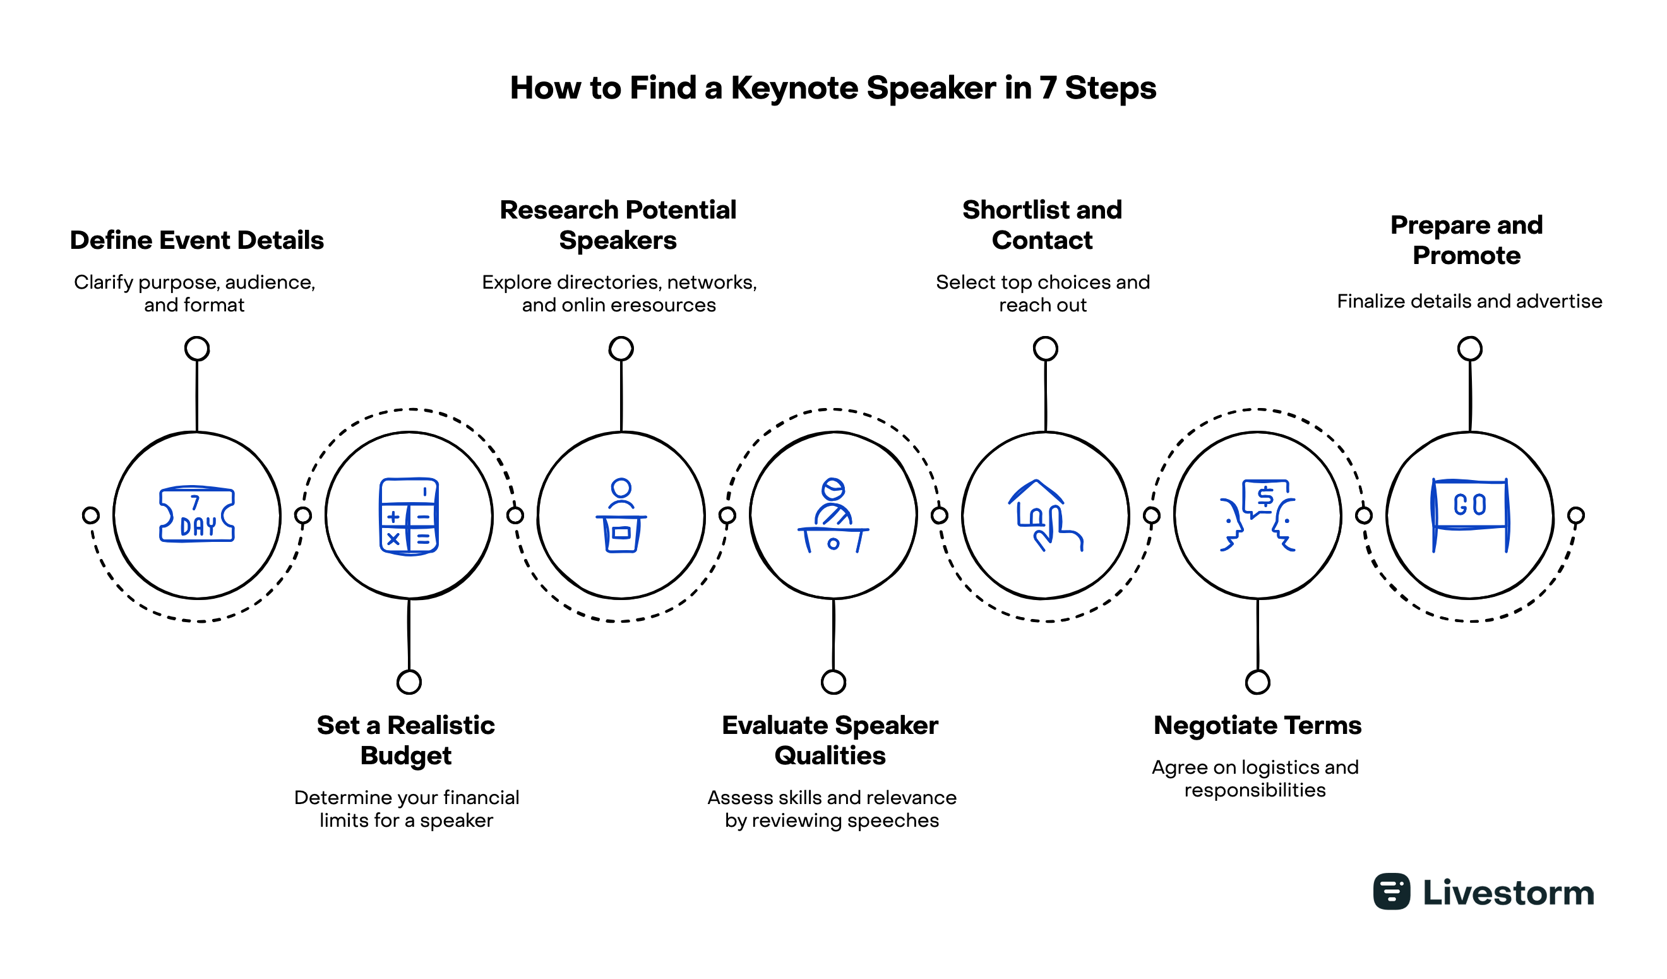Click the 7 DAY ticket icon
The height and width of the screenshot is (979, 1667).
click(196, 515)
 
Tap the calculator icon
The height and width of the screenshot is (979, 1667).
click(409, 516)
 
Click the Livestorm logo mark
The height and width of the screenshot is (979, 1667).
click(1391, 891)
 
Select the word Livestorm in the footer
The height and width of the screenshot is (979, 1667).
click(1508, 892)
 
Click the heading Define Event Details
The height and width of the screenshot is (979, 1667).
click(196, 240)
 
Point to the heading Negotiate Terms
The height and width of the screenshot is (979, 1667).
click(1257, 725)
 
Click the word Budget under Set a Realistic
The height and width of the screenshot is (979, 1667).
click(405, 755)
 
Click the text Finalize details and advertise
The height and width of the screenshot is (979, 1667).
click(1469, 301)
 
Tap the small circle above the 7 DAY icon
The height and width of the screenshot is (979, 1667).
click(197, 349)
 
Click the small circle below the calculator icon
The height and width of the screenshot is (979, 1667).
click(409, 682)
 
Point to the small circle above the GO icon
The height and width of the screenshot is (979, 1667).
click(1469, 349)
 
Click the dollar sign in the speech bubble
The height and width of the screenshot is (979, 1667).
click(1265, 495)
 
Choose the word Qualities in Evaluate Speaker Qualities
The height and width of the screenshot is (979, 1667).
click(830, 755)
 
